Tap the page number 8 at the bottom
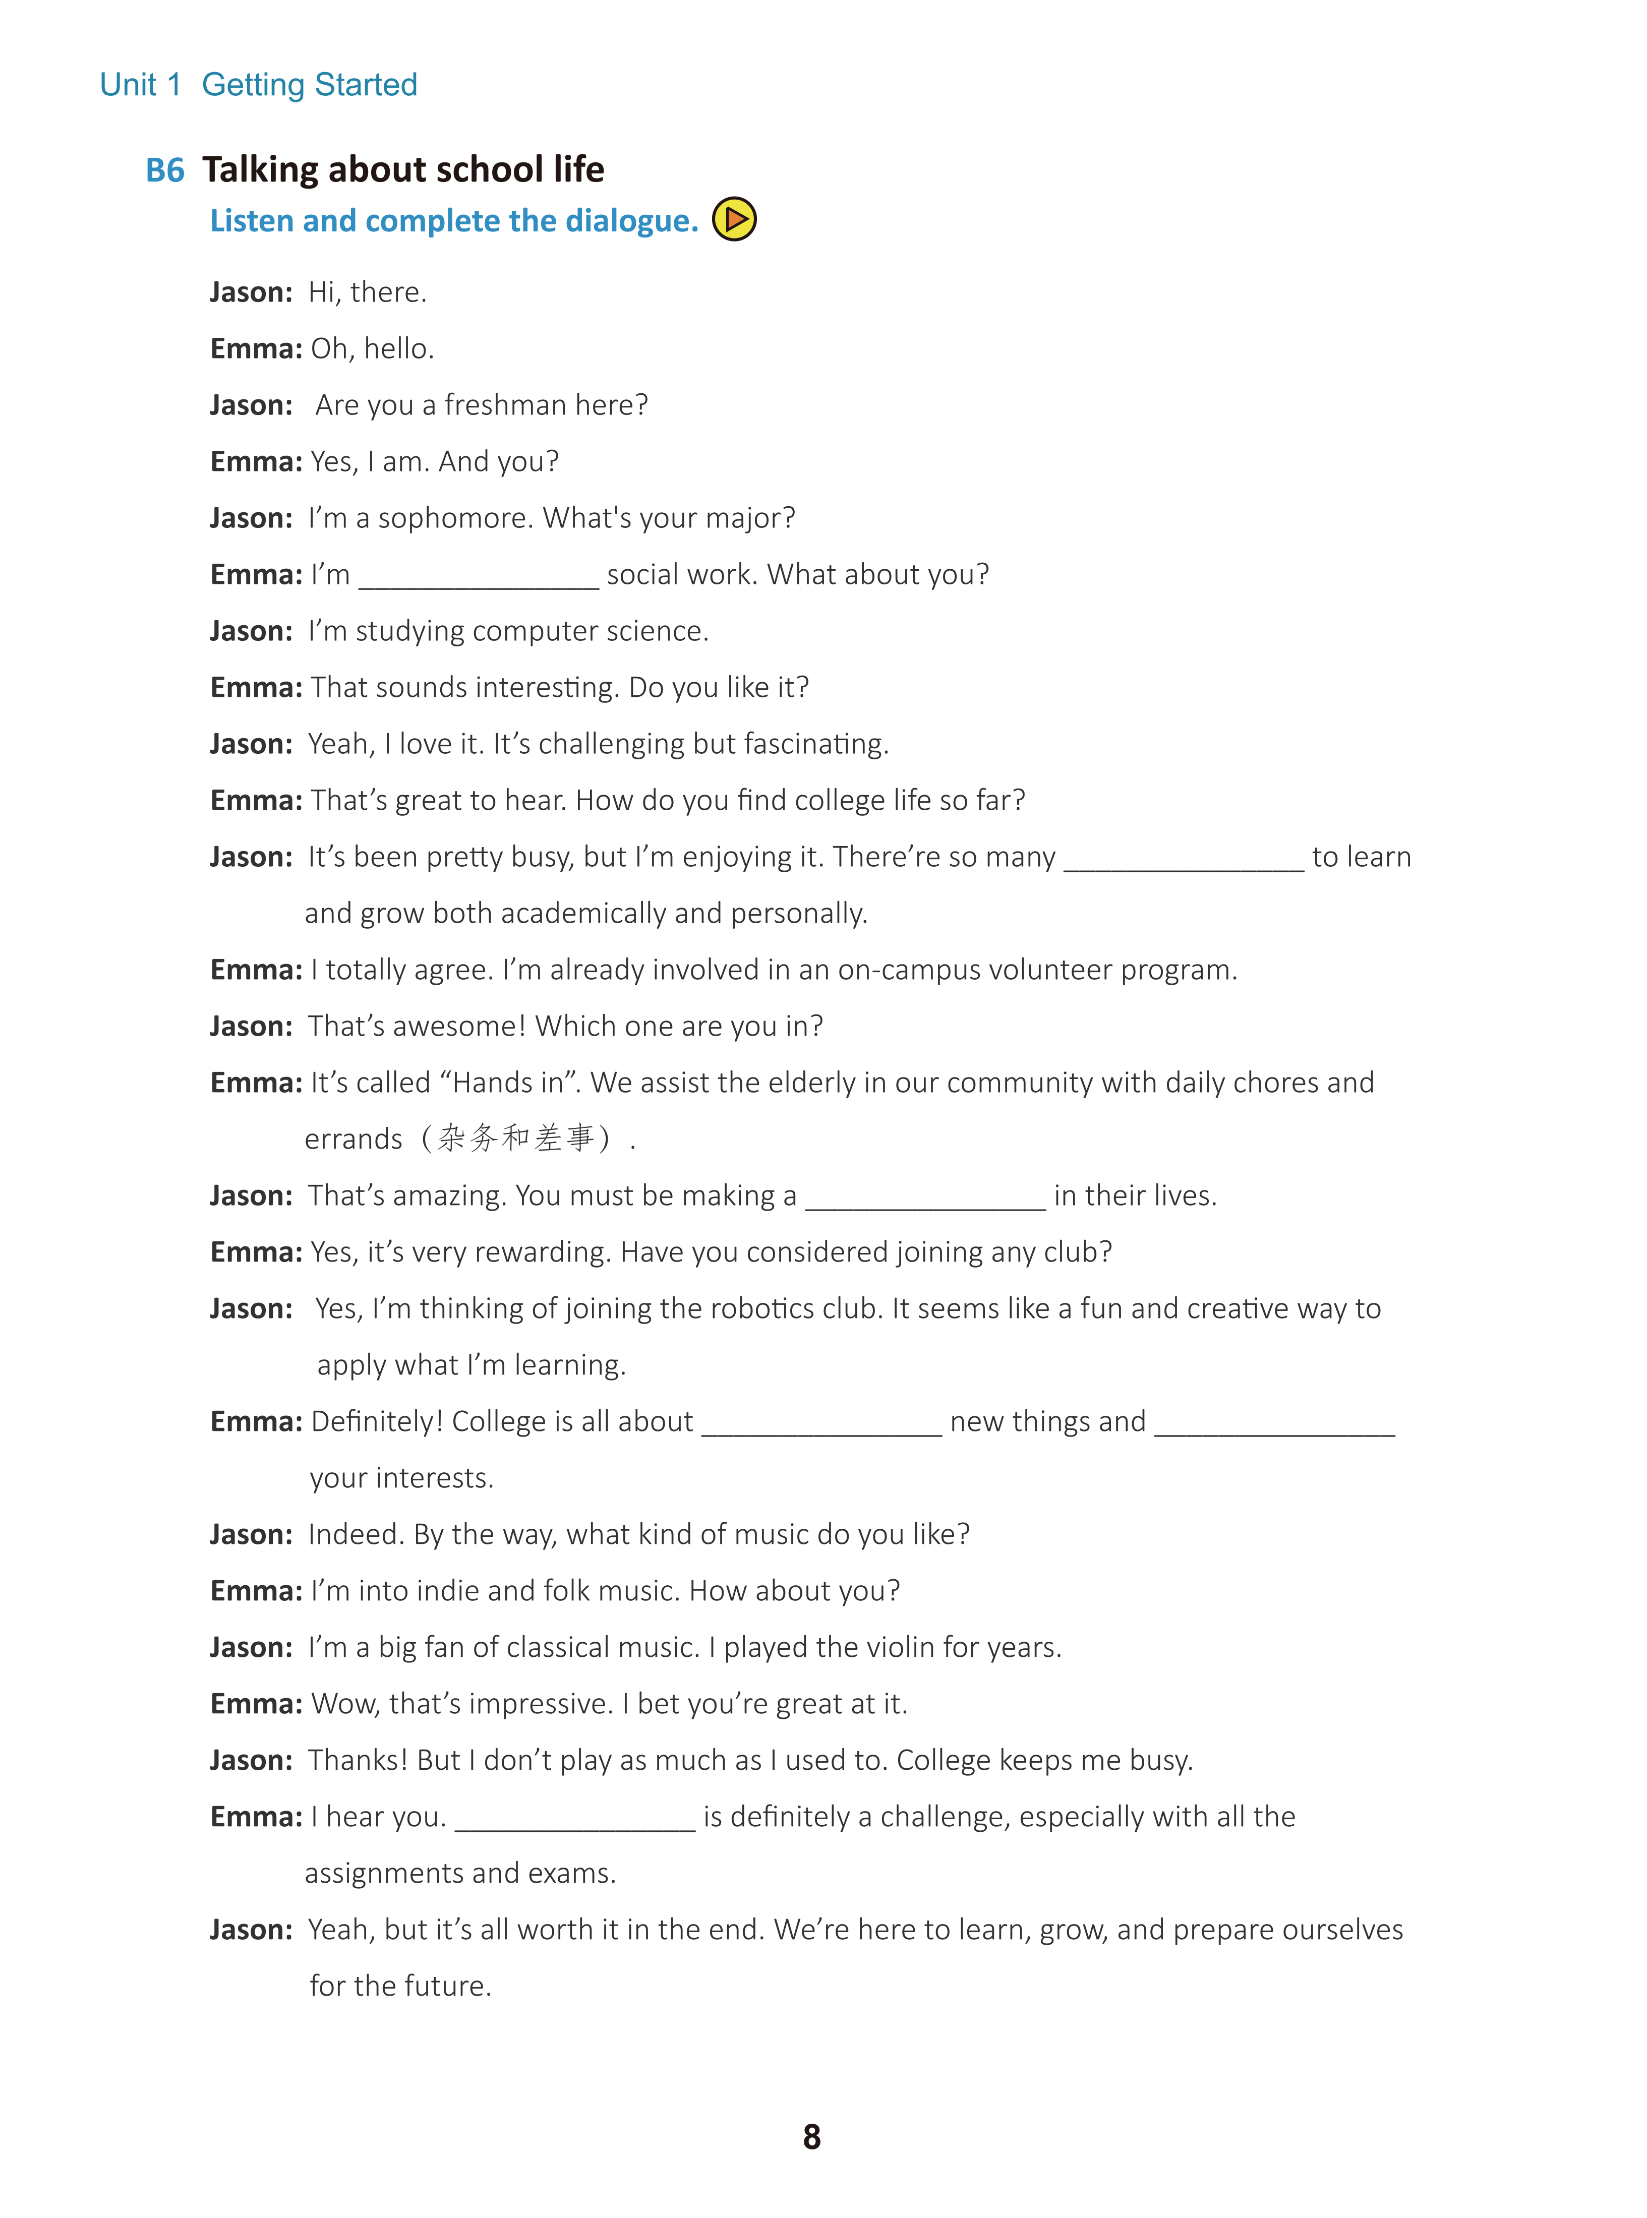click(x=811, y=2136)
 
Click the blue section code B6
click(x=164, y=170)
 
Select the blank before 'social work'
click(x=479, y=576)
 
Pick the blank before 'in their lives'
click(x=925, y=1197)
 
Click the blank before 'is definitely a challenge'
click(x=575, y=1818)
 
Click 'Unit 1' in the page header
click(x=140, y=85)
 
